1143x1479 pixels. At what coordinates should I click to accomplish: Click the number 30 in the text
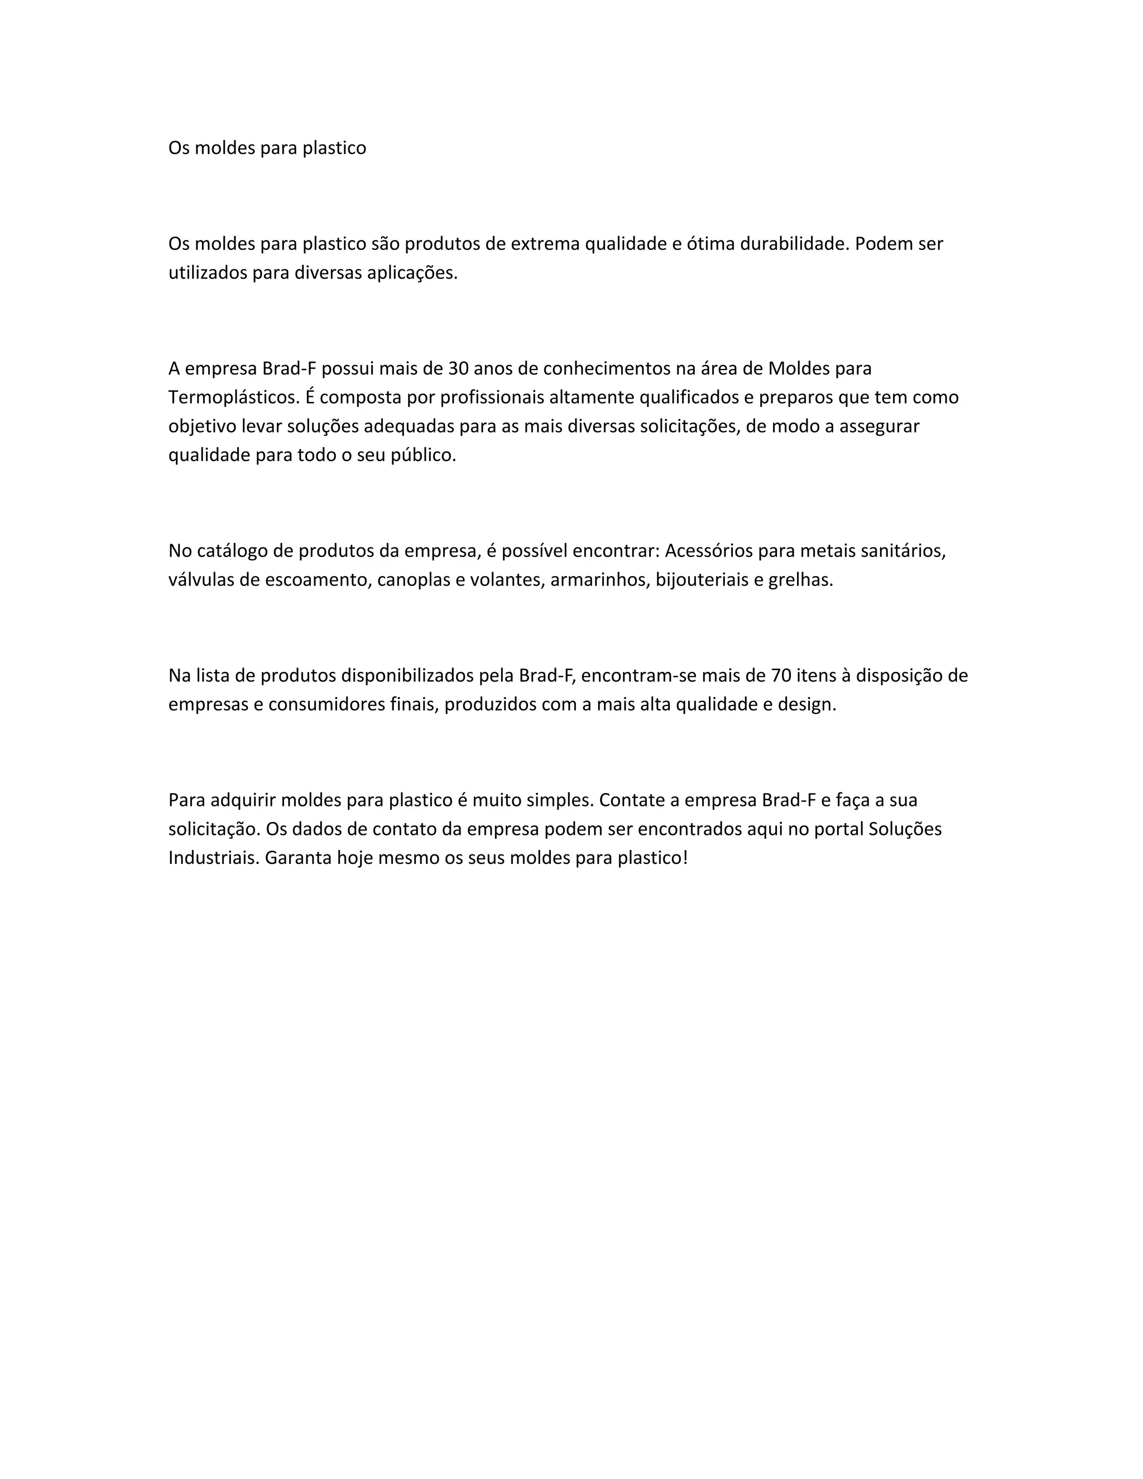click(458, 369)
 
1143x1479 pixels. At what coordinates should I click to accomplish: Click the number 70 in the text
click(781, 676)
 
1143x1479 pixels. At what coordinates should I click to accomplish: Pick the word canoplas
click(409, 580)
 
